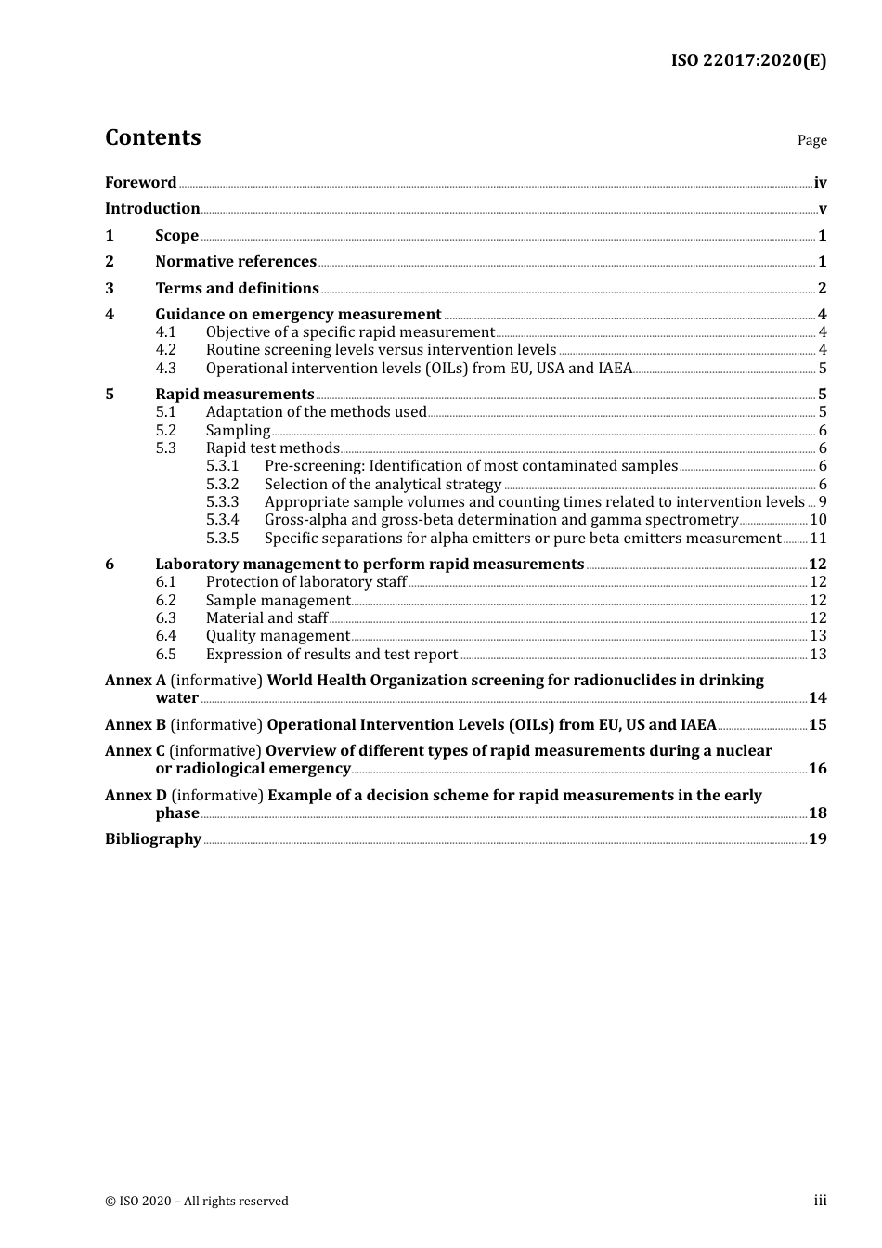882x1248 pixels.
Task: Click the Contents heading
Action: (x=152, y=137)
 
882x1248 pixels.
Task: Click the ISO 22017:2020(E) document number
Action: (x=748, y=60)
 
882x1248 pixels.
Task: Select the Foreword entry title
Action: (x=140, y=182)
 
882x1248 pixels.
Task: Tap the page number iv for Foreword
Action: (x=820, y=182)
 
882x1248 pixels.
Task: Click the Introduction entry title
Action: (x=152, y=208)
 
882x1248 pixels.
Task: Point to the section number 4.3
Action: (x=166, y=368)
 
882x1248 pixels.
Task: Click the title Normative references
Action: (x=236, y=261)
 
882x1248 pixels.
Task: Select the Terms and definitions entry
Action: (x=237, y=288)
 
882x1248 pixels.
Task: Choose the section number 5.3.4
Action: (x=223, y=520)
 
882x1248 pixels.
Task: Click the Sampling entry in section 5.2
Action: (x=238, y=430)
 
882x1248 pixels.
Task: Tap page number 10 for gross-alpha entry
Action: (x=818, y=520)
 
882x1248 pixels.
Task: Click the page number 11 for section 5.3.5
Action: (x=818, y=538)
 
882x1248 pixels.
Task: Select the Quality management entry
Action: (x=278, y=635)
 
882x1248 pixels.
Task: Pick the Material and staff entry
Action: (x=266, y=617)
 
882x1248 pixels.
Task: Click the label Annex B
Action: (x=136, y=724)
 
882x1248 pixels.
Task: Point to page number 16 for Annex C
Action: (x=817, y=768)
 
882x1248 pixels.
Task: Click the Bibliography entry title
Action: (x=153, y=838)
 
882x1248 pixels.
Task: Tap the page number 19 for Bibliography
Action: (x=817, y=838)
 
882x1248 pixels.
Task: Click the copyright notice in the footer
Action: (x=197, y=1201)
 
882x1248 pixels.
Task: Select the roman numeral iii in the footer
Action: (x=820, y=1200)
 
